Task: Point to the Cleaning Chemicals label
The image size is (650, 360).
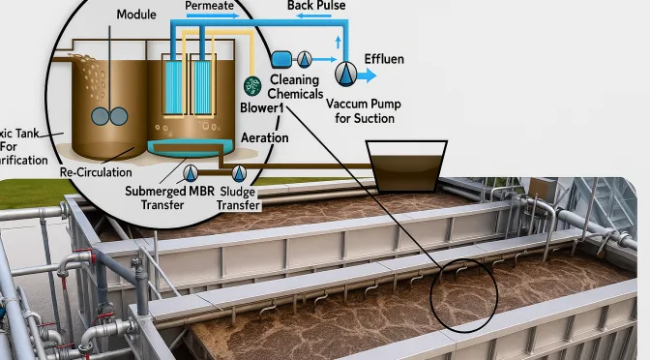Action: click(296, 86)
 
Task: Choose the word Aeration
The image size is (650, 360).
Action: click(264, 138)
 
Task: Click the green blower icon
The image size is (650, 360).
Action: click(253, 85)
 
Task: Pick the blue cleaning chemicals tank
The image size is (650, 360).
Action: click(284, 59)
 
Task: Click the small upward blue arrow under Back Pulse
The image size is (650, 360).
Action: click(337, 42)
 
